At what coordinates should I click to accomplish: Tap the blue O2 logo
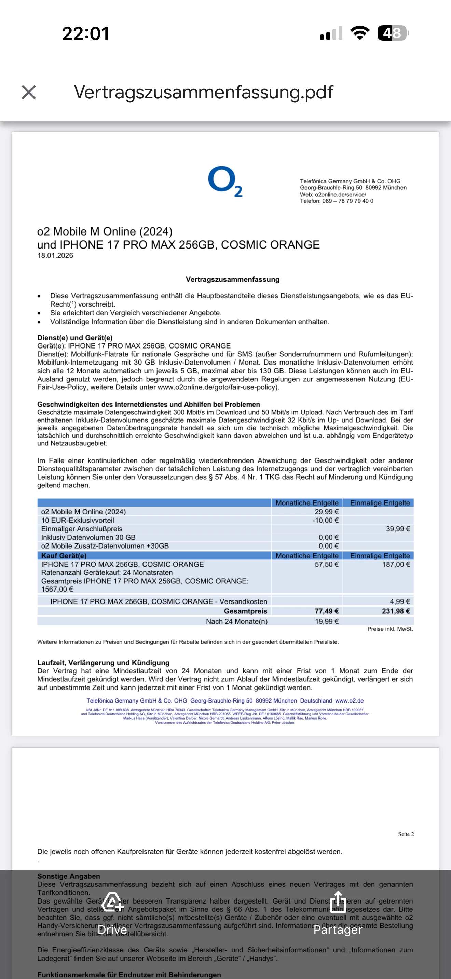225,181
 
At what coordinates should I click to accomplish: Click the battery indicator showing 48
393,33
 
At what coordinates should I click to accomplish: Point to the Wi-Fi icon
360,33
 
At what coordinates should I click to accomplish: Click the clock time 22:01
85,33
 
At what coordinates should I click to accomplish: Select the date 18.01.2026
55,256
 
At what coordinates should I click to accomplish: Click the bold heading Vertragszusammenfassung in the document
232,279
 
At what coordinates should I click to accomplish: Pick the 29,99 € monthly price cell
326,512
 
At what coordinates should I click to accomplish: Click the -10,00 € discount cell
325,520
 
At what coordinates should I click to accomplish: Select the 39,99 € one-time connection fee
398,529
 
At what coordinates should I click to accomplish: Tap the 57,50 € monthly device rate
326,564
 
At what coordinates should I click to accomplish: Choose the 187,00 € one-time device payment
396,564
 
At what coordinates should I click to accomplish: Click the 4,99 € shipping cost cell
400,601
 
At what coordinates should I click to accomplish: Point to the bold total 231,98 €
396,611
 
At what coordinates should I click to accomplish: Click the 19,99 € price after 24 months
326,621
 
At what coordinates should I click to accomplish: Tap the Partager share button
338,912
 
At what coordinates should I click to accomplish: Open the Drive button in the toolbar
112,912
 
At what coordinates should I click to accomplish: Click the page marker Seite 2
406,834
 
